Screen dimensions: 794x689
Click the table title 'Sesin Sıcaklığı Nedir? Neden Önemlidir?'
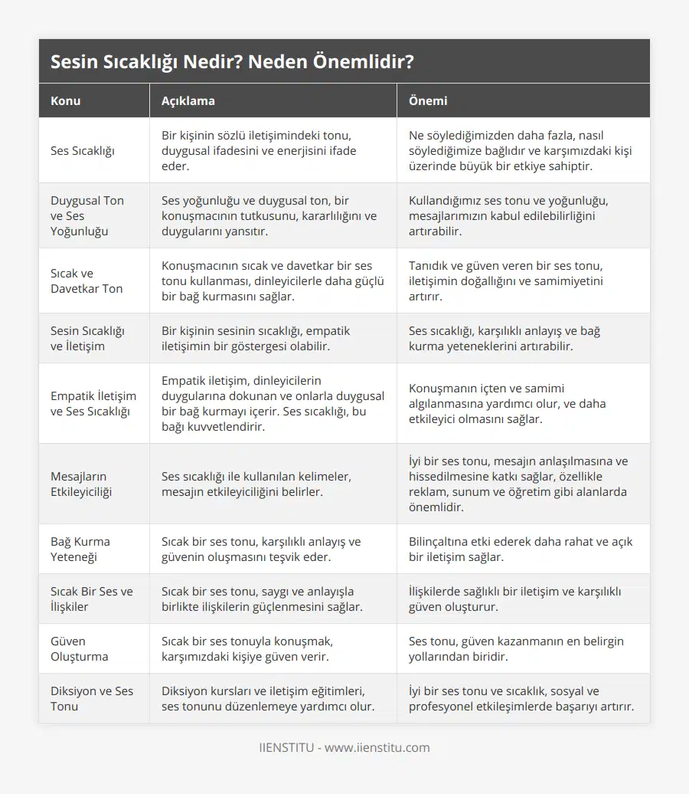point(233,62)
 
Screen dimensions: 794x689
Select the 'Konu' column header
point(66,100)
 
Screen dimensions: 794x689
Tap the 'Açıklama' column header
point(188,100)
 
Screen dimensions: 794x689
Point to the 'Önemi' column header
point(428,100)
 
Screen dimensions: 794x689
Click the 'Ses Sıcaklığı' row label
point(83,151)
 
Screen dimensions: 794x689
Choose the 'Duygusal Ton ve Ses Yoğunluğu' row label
point(87,215)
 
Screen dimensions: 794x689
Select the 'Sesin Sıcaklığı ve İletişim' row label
point(88,338)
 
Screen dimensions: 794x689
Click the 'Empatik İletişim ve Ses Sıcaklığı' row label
point(93,403)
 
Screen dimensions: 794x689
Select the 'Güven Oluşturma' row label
point(80,648)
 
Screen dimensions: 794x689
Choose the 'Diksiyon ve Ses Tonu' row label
point(92,698)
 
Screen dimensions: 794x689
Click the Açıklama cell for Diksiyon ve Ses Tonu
point(268,698)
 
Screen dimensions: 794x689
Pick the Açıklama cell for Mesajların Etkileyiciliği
point(256,484)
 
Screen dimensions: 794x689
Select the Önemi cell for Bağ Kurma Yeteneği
point(521,549)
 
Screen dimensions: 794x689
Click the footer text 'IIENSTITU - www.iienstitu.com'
point(344,747)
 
